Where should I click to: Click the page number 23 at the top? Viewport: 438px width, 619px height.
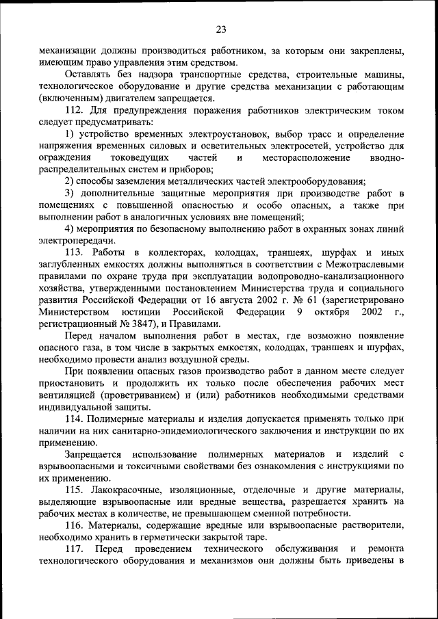(x=220, y=29)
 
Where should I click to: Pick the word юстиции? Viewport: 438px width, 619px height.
(x=168, y=312)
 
